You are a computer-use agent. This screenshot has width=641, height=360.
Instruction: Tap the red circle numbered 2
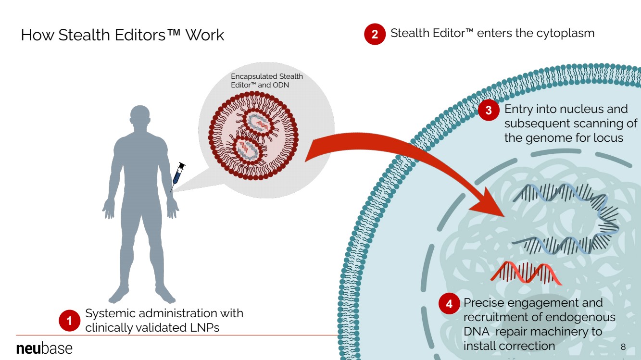[375, 35]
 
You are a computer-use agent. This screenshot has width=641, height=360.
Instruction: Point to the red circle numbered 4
[449, 304]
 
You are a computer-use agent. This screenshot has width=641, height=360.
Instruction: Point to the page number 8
[623, 347]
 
